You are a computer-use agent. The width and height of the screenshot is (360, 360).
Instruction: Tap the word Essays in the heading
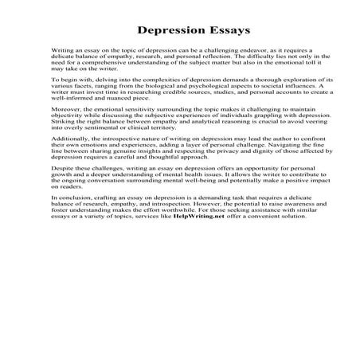coord(225,30)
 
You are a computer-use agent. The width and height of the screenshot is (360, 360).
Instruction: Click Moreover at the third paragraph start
coord(67,116)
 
